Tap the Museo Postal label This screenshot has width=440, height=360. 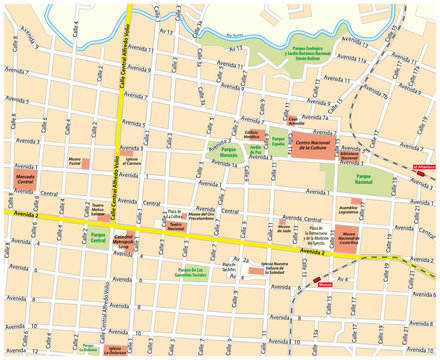74,160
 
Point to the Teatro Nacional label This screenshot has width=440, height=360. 175,228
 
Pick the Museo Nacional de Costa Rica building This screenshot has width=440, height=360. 348,238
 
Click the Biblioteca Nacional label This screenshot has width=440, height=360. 349,156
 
